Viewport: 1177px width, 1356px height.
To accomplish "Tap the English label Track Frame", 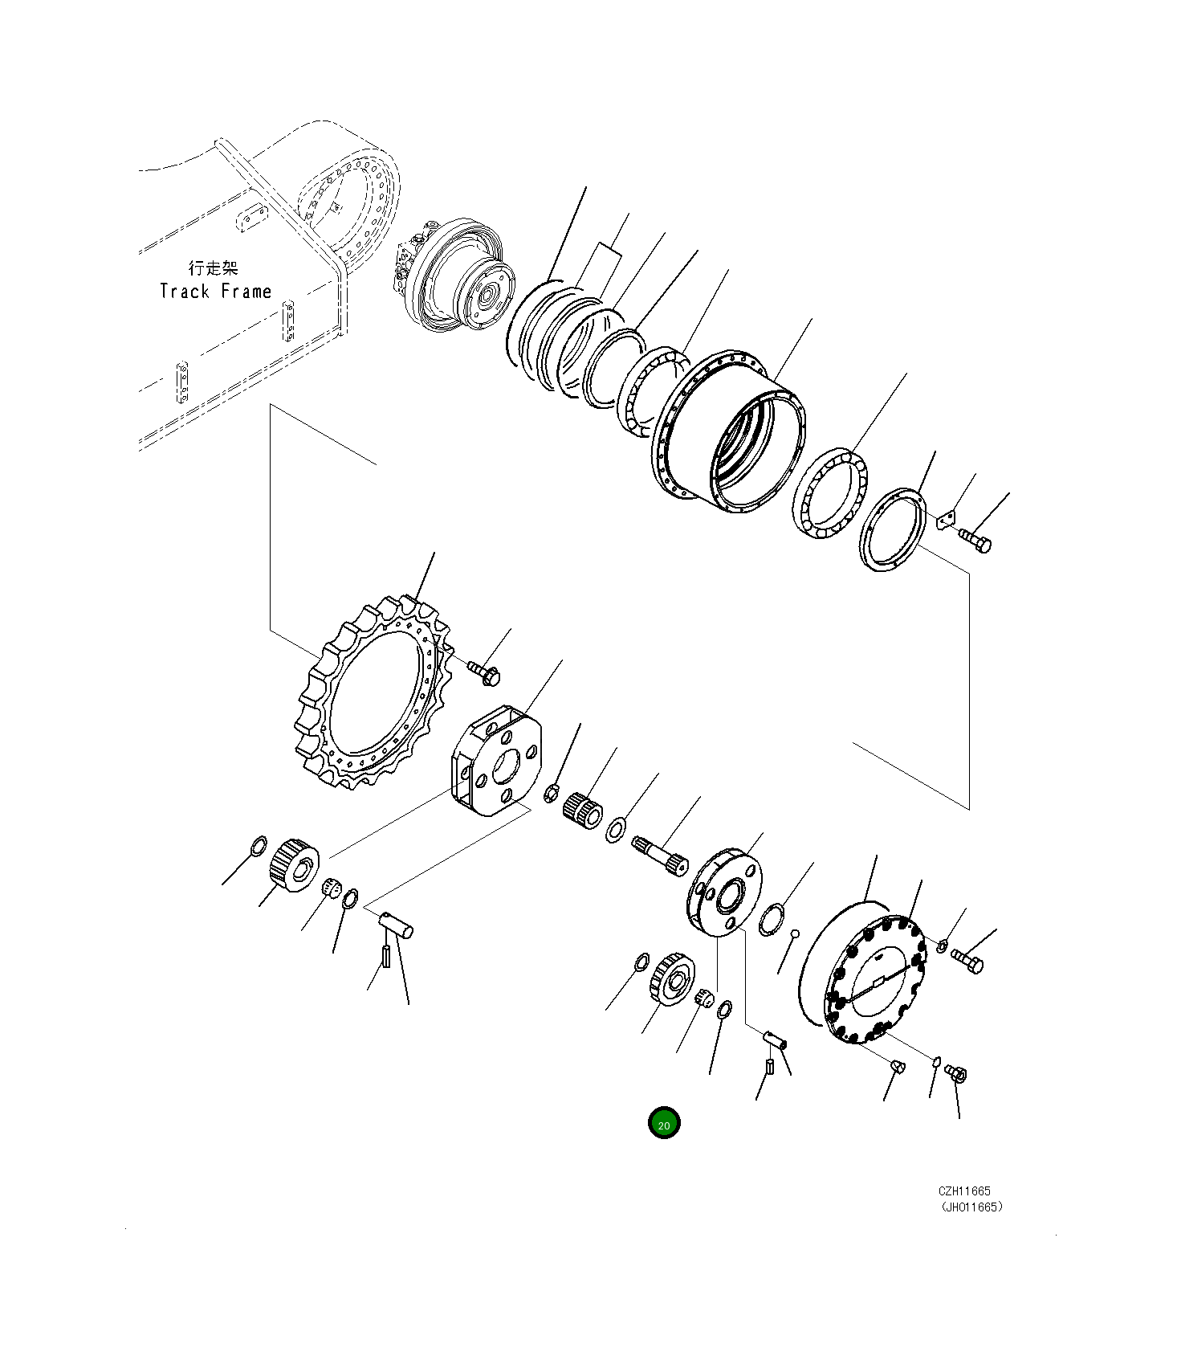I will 215,292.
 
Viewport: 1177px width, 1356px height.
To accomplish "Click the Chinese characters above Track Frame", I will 214,268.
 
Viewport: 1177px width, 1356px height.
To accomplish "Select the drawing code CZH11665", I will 964,1191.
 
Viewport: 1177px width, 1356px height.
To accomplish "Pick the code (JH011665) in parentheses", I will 971,1207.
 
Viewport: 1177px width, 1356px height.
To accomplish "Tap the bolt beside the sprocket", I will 485,673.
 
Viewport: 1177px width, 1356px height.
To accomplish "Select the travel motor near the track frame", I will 454,276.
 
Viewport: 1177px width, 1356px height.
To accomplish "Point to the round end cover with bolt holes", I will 875,980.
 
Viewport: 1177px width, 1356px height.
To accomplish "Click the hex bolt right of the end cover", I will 967,959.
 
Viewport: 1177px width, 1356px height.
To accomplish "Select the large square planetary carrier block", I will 496,761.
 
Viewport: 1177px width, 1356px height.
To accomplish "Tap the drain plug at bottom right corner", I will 956,1073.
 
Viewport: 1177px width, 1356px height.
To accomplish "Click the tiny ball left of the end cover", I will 794,933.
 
